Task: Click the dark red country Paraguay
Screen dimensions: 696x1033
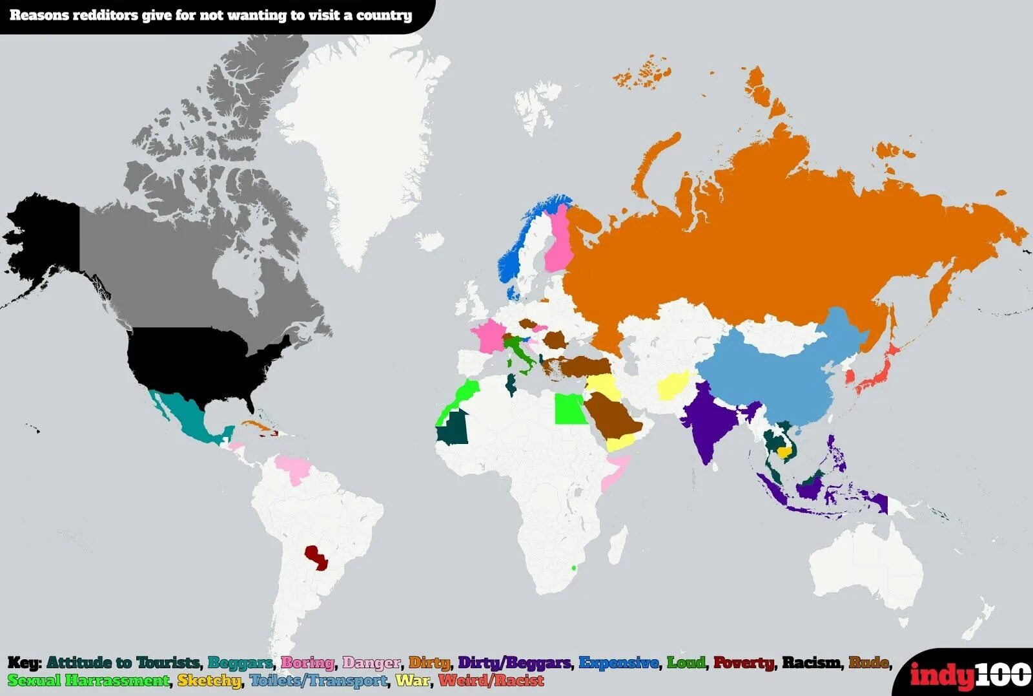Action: pos(316,558)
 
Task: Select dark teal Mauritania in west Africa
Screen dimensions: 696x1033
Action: pos(455,428)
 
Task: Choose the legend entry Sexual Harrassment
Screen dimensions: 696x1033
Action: pos(88,680)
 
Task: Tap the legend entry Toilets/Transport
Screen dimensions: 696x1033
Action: pos(318,680)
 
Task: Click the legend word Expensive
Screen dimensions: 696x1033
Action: pos(619,662)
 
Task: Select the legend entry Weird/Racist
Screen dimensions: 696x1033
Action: pos(491,680)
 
